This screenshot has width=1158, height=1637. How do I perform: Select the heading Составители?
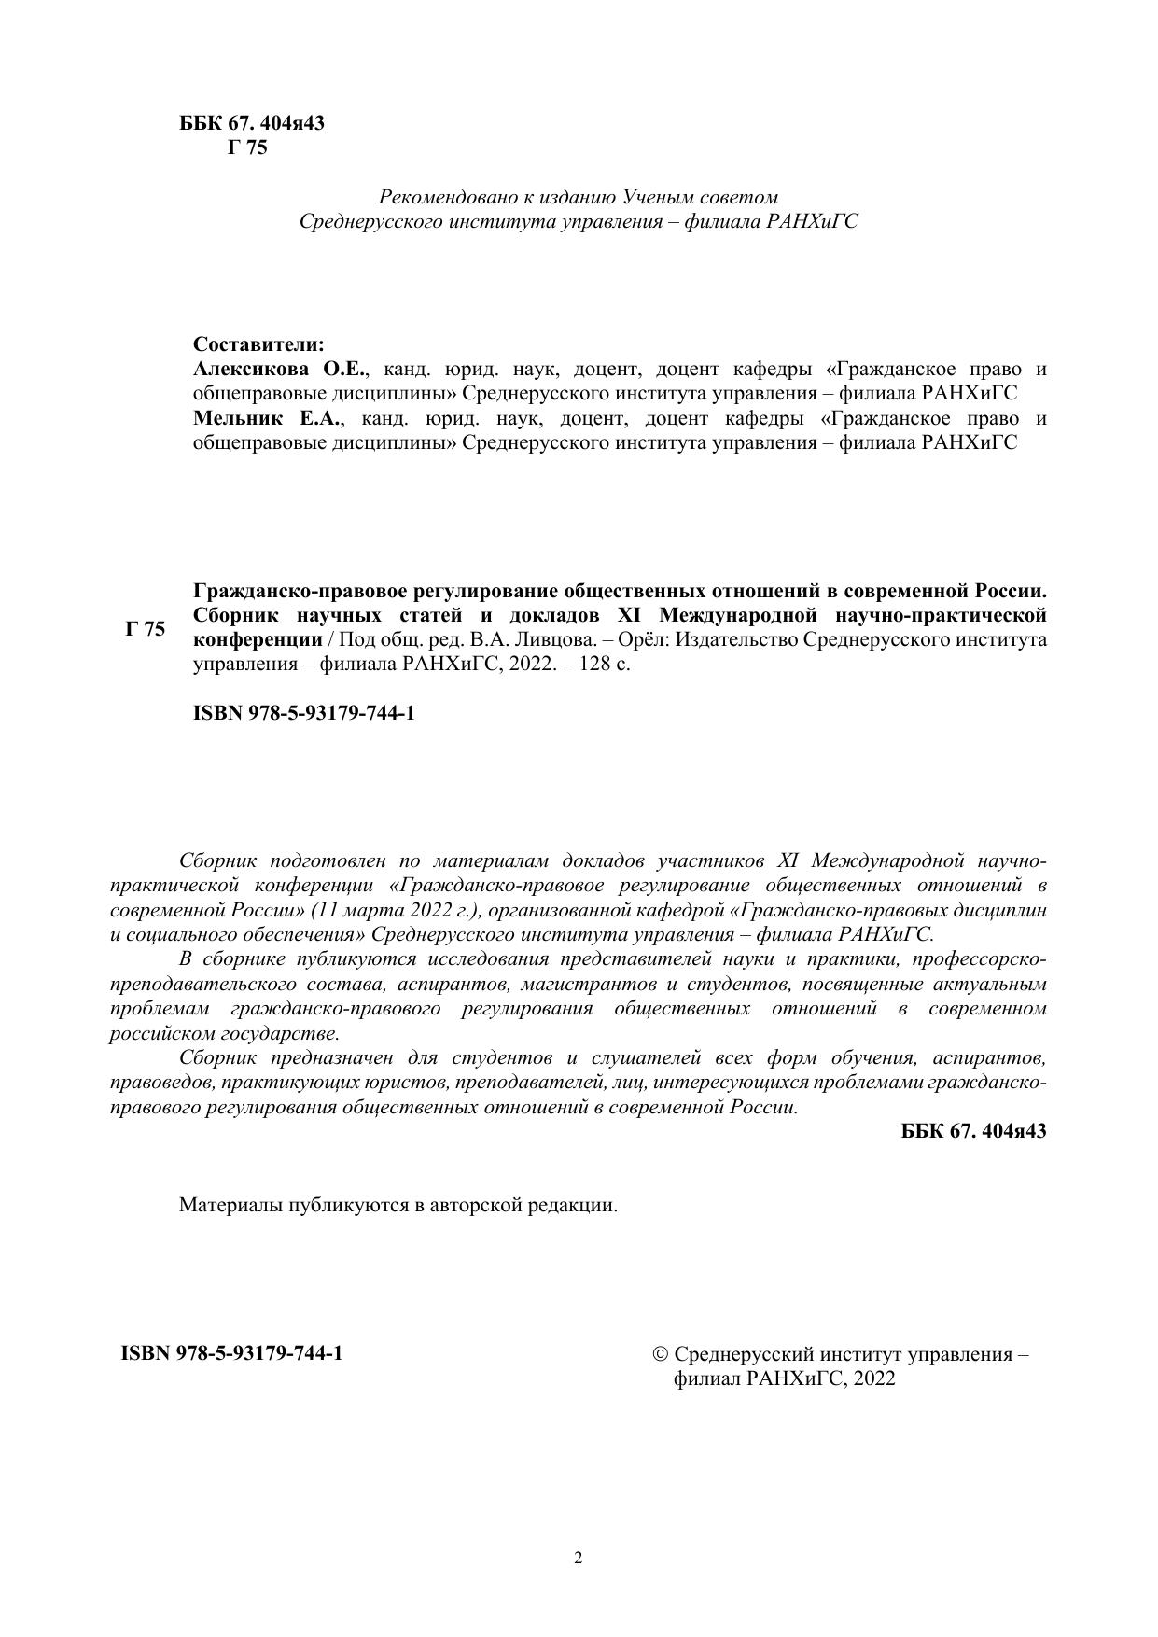pyautogui.click(x=258, y=344)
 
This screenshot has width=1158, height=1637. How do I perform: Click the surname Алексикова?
pyautogui.click(x=251, y=369)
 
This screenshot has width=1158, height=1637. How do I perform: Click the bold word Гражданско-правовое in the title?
pyautogui.click(x=286, y=591)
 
